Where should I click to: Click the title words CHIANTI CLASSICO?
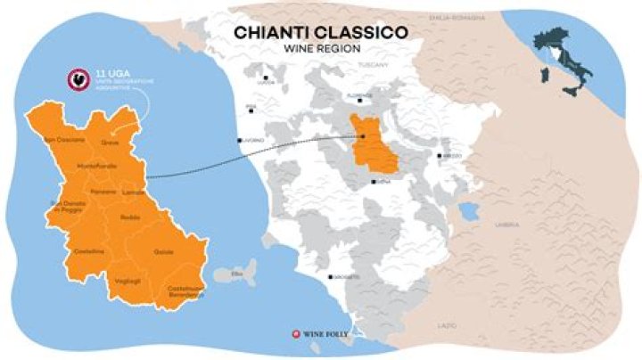(321, 32)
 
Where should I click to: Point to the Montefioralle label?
(98, 168)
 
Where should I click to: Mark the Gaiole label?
(162, 252)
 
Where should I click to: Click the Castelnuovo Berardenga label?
(184, 290)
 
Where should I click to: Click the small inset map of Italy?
(559, 61)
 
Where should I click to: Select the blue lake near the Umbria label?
(465, 212)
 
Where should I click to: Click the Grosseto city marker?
(330, 277)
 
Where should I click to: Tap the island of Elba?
(236, 274)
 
